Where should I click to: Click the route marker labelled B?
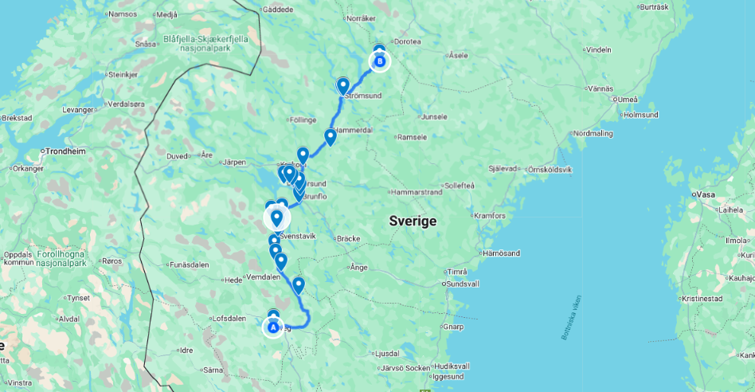pos(380,61)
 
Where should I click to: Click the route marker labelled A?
pos(273,327)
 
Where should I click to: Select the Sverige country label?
pos(413,221)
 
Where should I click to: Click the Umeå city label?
pos(627,99)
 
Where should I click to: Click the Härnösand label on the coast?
pos(502,253)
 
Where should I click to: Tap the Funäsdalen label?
pos(190,264)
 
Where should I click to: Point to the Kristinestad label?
pos(702,298)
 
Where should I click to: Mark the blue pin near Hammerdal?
pos(330,137)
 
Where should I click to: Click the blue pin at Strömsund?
pos(342,85)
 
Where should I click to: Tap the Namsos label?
pos(122,14)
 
